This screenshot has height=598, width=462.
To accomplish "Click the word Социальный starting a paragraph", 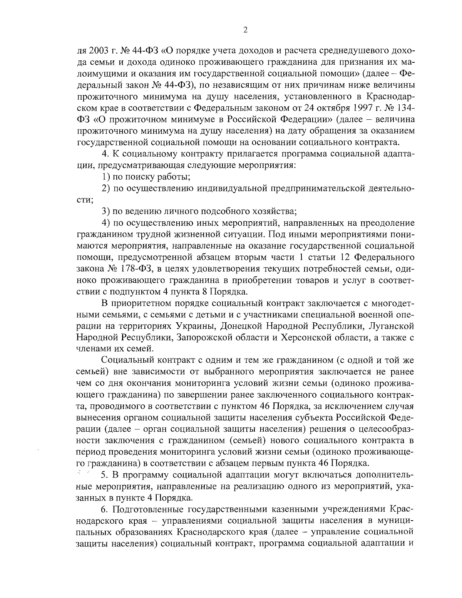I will click(x=123, y=360).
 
